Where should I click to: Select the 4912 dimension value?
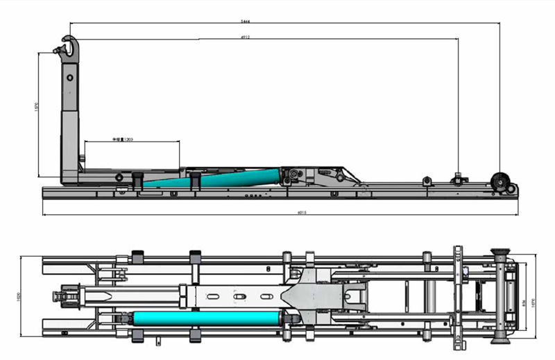pyautogui.click(x=264, y=37)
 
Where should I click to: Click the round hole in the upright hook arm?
pyautogui.click(x=69, y=78)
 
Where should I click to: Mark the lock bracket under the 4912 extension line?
pyautogui.click(x=457, y=179)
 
